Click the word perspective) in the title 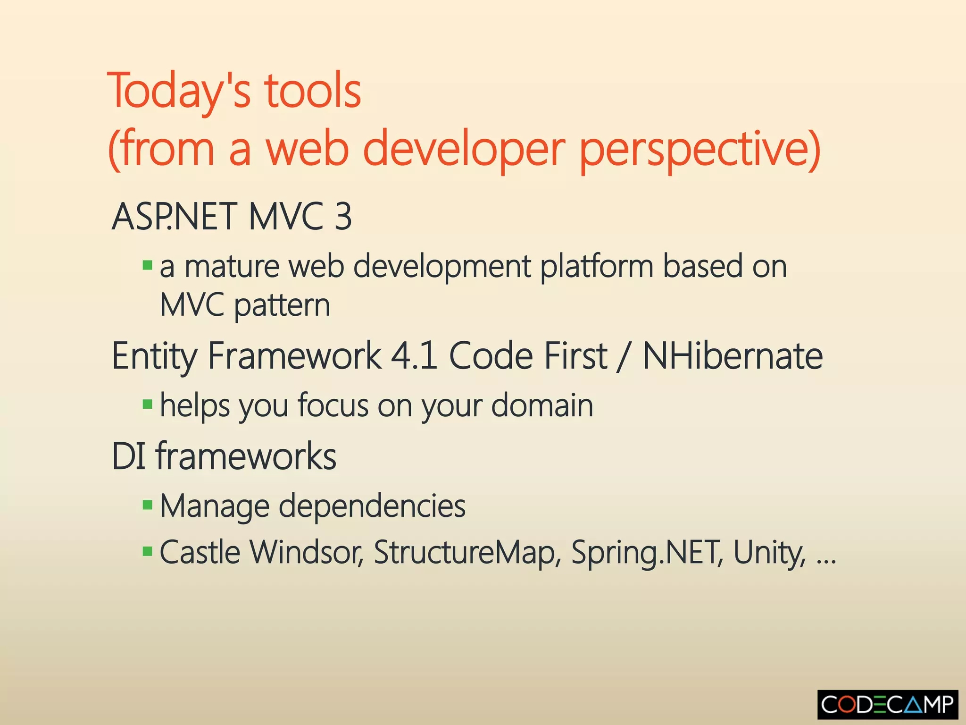point(700,150)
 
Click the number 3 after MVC point(343,217)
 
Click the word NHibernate point(733,356)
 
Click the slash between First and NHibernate point(625,357)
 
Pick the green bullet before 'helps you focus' point(147,405)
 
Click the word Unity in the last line point(769,552)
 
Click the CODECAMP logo point(887,705)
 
